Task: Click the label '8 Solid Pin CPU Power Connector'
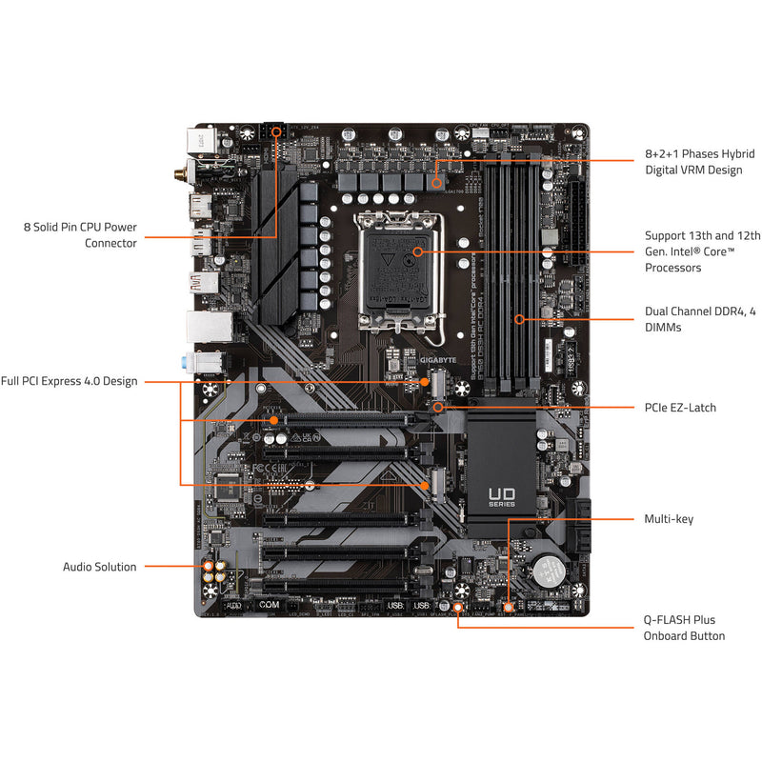point(80,235)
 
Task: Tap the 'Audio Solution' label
point(99,567)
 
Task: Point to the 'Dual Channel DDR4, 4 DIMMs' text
point(699,319)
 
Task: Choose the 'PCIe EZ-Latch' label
point(679,408)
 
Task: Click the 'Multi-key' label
point(669,519)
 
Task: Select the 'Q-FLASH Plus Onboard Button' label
point(684,628)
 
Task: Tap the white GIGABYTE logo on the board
point(439,362)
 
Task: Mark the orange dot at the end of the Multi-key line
point(508,605)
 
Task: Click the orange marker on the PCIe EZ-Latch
point(438,407)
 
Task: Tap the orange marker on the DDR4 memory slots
point(519,319)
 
